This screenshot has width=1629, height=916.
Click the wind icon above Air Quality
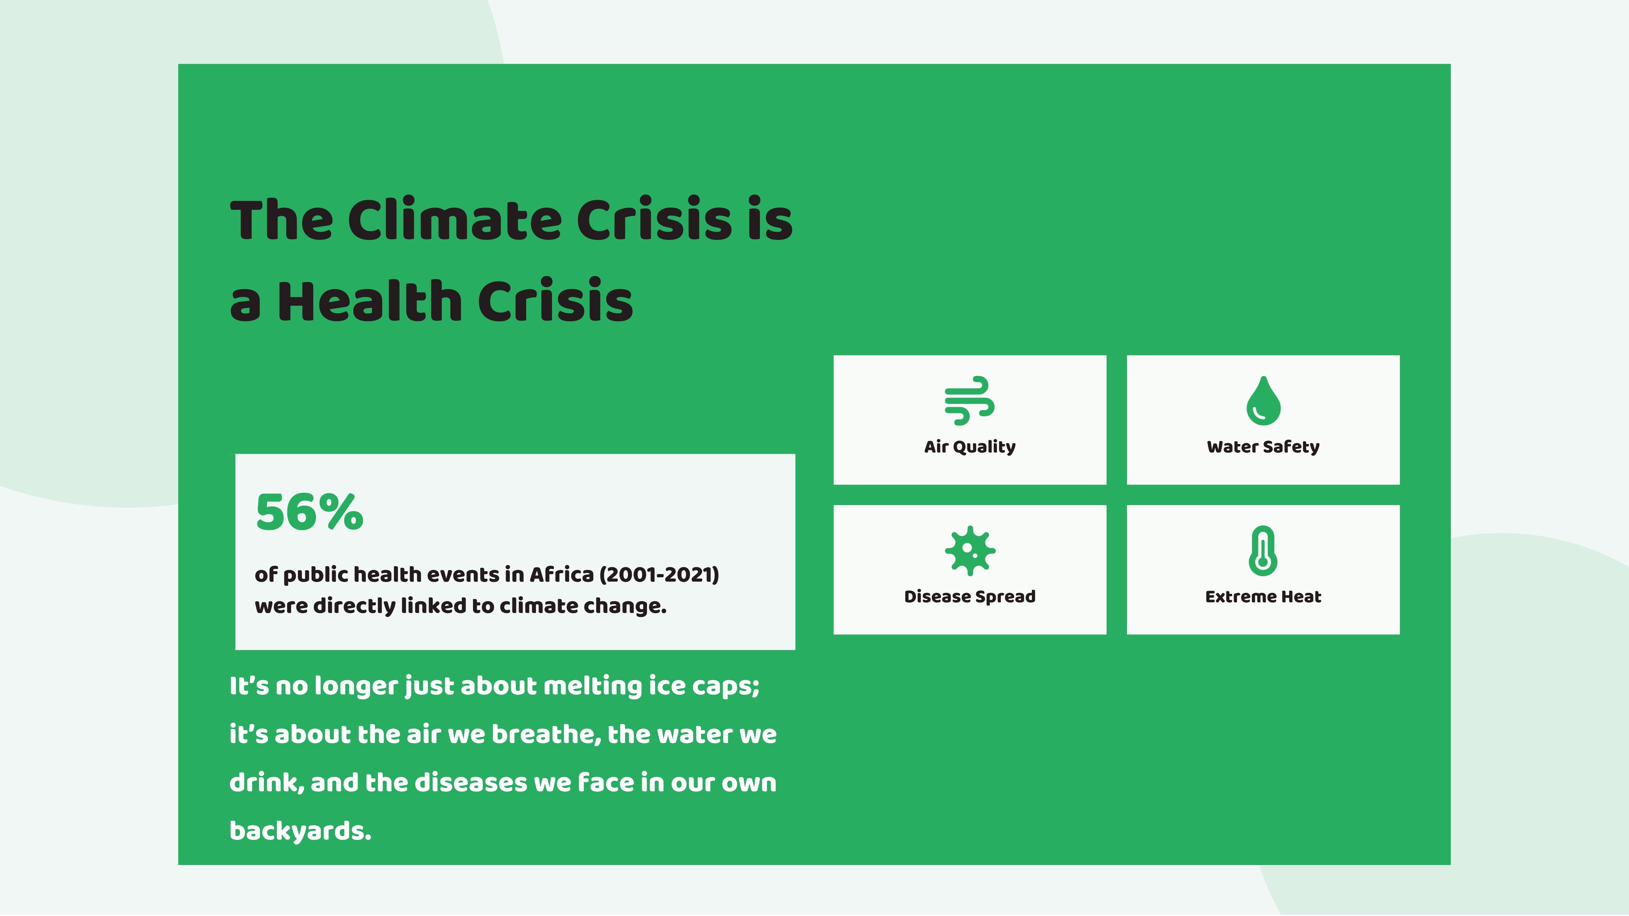[970, 401]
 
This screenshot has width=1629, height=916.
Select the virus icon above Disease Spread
[970, 551]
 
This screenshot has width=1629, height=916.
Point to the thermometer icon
[1263, 551]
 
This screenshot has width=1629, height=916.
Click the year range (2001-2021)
[659, 575]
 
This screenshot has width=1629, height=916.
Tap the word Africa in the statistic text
[561, 575]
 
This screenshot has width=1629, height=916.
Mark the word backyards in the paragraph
[300, 831]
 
